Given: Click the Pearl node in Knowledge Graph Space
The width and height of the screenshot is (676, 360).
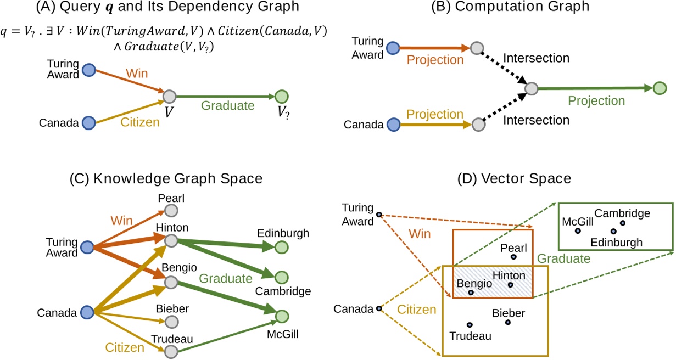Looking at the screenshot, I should [x=171, y=211].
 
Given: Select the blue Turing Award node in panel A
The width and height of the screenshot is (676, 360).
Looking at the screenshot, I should [x=88, y=70].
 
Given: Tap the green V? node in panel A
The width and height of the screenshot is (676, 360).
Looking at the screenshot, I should [x=282, y=97].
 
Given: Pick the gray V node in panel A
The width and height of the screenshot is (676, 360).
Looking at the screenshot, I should [x=169, y=97].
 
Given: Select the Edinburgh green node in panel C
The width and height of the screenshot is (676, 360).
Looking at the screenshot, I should [x=282, y=247].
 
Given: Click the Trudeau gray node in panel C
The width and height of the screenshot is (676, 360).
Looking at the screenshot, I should [x=171, y=351].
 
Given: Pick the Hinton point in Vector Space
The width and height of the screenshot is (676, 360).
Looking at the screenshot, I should [x=511, y=285].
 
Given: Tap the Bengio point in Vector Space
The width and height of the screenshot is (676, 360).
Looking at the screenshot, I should [x=471, y=292].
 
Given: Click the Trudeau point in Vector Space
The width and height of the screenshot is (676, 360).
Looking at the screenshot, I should [x=469, y=324].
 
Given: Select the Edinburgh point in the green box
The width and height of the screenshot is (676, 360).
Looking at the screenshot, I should [x=613, y=232].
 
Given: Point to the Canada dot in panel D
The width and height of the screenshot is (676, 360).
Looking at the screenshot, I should [x=379, y=309].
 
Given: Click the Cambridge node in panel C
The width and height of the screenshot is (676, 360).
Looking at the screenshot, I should [x=282, y=277].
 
